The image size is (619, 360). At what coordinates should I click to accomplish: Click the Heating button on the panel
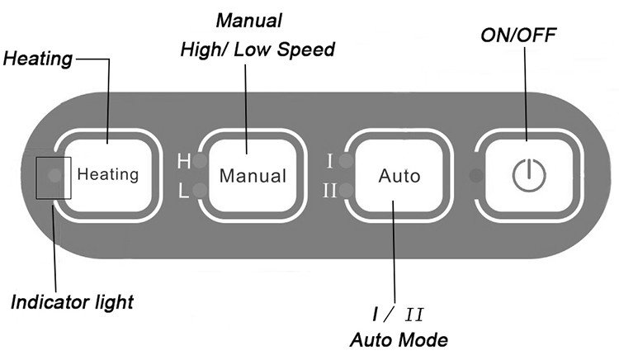click(107, 176)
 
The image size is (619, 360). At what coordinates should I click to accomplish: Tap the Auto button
click(399, 176)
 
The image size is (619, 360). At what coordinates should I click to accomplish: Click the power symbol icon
click(529, 175)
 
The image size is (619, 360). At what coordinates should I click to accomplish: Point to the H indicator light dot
click(201, 161)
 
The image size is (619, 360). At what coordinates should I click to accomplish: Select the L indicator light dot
click(201, 190)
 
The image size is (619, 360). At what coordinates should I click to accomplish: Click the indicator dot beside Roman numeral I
click(346, 161)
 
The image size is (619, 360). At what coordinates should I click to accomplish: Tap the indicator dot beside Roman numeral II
click(346, 190)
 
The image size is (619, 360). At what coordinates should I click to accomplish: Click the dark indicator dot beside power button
click(476, 176)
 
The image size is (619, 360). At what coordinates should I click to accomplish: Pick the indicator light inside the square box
click(54, 175)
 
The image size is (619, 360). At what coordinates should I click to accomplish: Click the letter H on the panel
click(184, 162)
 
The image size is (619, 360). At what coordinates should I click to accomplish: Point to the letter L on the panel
click(183, 191)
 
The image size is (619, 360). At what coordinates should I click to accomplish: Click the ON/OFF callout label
click(518, 36)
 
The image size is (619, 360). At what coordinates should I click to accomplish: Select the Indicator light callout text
click(73, 303)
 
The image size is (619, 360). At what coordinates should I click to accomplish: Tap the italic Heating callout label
click(38, 59)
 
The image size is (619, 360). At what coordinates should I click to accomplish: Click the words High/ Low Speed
click(258, 50)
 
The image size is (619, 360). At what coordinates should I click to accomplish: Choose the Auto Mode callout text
click(399, 340)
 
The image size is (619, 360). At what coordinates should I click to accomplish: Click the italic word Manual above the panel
click(249, 21)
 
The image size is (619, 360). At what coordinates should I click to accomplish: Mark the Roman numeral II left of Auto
click(329, 191)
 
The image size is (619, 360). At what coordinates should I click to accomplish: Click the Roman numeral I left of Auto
click(330, 161)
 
